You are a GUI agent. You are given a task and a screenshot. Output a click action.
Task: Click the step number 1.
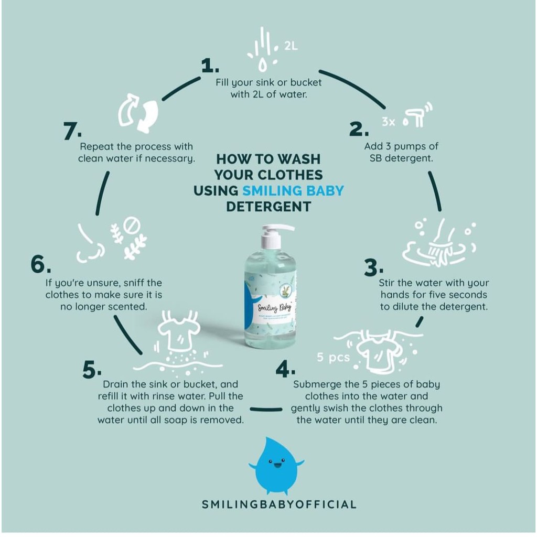click(x=210, y=66)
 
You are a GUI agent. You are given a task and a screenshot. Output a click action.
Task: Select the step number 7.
click(x=72, y=132)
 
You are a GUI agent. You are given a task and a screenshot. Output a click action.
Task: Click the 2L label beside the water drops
click(x=291, y=46)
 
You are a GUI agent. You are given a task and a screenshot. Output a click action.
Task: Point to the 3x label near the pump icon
click(x=388, y=122)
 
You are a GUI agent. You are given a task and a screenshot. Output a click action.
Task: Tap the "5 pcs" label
click(x=333, y=358)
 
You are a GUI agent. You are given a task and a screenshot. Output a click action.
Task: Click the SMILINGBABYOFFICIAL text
click(x=279, y=504)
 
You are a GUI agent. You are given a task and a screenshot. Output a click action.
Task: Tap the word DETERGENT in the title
click(x=268, y=207)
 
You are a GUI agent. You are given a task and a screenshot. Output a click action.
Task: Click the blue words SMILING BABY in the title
click(x=293, y=190)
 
